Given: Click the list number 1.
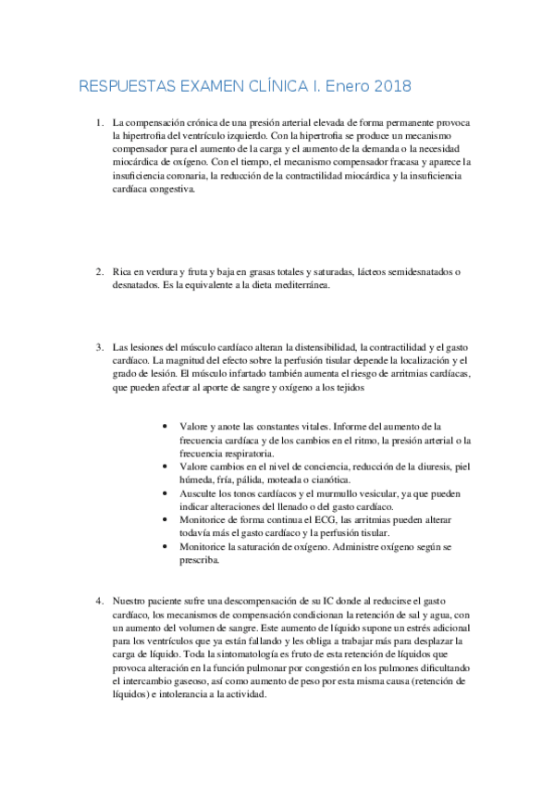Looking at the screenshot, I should [100, 122].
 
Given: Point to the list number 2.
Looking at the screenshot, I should [100, 271].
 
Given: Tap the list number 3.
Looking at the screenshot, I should [100, 346].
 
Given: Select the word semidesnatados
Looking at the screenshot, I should [411, 271].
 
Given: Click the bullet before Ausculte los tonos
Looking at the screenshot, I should [164, 494].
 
